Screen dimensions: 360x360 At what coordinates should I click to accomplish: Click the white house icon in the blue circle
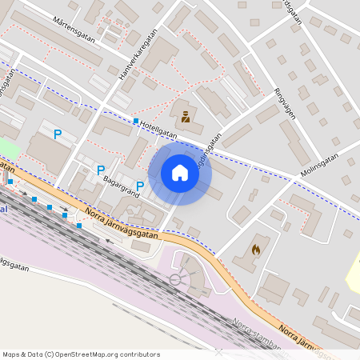(x=180, y=172)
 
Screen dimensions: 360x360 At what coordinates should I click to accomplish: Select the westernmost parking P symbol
(x=58, y=134)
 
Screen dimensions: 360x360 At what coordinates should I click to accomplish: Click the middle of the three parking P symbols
(x=101, y=170)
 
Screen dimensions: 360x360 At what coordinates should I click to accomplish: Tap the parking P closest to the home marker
(x=140, y=186)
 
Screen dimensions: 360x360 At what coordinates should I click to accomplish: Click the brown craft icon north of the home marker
(x=186, y=117)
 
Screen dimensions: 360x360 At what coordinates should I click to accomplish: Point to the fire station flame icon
(x=256, y=250)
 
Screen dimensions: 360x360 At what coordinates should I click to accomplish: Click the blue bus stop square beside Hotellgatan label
(x=135, y=122)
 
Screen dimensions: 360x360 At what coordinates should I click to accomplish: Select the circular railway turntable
(x=175, y=278)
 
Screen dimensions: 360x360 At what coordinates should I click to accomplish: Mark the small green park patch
(x=9, y=149)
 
